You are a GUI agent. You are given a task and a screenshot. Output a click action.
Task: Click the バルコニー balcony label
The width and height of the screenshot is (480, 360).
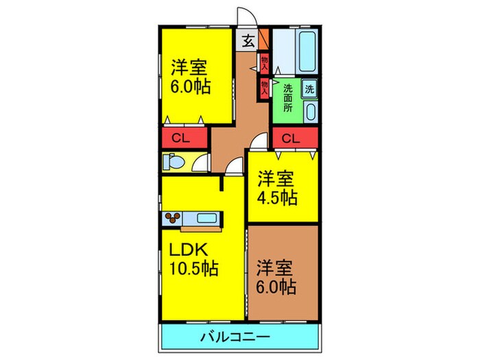(235, 337)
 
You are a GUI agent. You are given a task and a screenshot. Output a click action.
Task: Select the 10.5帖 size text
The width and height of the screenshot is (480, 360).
(195, 268)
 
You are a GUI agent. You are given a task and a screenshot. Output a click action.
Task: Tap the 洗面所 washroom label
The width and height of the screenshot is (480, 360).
(288, 98)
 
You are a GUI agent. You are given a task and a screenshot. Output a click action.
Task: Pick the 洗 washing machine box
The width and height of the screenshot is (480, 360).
(309, 88)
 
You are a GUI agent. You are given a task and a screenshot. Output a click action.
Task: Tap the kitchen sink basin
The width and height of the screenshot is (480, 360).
(206, 218)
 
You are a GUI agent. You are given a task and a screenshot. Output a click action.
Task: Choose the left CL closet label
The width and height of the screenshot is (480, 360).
(180, 139)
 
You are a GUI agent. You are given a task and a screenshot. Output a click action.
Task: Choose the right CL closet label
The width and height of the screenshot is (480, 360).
(291, 139)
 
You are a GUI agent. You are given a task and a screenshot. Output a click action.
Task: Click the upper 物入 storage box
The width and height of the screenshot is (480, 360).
(264, 64)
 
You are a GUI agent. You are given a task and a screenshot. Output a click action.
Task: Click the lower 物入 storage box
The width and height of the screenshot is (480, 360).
(264, 87)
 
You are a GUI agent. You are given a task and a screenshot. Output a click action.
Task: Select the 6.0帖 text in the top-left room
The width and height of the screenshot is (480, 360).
(191, 88)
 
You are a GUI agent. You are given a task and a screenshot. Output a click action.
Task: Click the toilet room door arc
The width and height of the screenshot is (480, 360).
(200, 163)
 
